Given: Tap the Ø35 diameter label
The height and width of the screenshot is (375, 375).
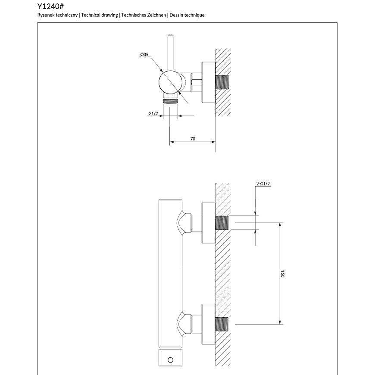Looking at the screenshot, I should click(x=144, y=54).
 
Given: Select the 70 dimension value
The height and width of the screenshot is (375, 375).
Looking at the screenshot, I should click(x=193, y=139).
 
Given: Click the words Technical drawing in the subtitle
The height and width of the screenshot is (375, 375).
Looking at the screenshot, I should click(x=99, y=15).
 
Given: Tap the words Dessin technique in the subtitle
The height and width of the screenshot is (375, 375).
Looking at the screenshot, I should click(x=187, y=15).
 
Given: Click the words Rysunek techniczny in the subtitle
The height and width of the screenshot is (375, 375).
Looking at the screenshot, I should click(x=58, y=15).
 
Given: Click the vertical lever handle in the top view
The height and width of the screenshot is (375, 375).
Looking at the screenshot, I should click(x=170, y=52).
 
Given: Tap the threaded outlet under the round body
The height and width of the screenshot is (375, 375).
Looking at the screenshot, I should click(x=170, y=100).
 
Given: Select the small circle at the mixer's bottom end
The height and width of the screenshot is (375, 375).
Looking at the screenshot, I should click(x=171, y=360).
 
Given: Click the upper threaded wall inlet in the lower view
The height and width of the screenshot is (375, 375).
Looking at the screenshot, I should click(x=222, y=222).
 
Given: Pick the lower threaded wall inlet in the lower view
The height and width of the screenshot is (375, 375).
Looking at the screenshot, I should click(x=222, y=325).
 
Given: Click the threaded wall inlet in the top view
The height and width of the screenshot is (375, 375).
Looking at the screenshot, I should click(x=222, y=82).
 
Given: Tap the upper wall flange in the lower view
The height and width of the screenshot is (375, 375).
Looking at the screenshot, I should click(x=208, y=222).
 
